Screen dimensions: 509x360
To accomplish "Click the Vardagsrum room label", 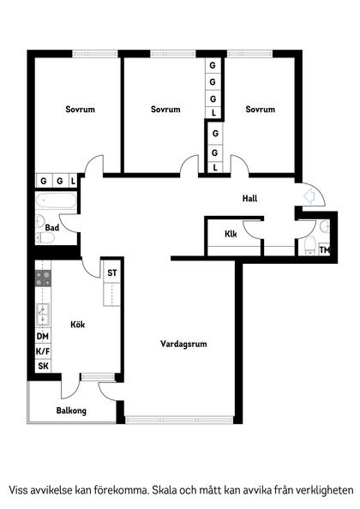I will tap(183, 344).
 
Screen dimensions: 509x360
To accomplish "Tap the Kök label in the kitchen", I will tap(78, 325).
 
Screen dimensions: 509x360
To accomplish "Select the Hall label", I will tap(249, 199).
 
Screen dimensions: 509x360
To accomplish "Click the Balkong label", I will tap(71, 410).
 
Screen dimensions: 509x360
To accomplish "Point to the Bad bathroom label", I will tap(52, 228).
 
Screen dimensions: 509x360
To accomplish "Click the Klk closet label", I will tap(231, 234).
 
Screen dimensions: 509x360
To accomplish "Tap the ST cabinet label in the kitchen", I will tap(111, 273).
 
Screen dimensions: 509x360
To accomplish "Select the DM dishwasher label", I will tap(42, 338).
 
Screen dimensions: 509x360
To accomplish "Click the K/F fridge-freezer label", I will tap(42, 351).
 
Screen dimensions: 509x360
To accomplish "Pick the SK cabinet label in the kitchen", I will tap(42, 366).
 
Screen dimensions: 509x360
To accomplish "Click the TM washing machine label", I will tap(324, 250).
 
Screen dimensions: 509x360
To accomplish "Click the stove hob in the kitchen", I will tap(43, 278).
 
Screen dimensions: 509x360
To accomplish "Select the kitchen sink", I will tap(42, 314).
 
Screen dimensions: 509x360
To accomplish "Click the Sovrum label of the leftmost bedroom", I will tap(80, 110).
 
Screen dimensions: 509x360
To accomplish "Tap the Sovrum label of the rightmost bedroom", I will tap(260, 110).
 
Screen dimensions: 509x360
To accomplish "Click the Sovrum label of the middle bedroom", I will tap(165, 110).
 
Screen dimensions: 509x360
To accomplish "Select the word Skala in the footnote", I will tap(167, 490).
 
